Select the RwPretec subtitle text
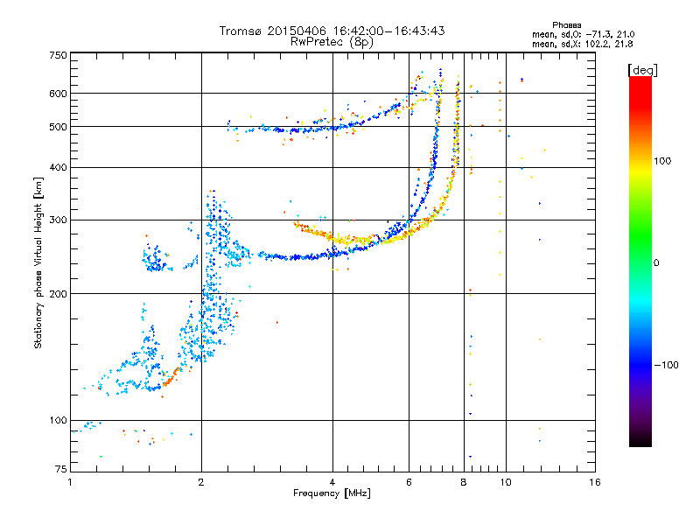pyautogui.click(x=332, y=42)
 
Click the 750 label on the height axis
pyautogui.click(x=58, y=55)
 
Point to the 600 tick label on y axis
pyautogui.click(x=58, y=94)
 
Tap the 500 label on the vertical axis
pyautogui.click(x=58, y=127)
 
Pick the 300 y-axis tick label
pyautogui.click(x=58, y=220)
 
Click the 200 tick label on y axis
pyautogui.click(x=58, y=294)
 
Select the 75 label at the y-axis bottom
pyautogui.click(x=61, y=469)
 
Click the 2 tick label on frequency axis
pyautogui.click(x=201, y=482)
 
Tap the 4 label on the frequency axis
pyautogui.click(x=332, y=482)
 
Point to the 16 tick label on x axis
pyautogui.click(x=595, y=482)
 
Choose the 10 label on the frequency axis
pyautogui.click(x=506, y=482)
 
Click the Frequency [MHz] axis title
pyautogui.click(x=332, y=493)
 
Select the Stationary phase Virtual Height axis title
pyautogui.click(x=38, y=262)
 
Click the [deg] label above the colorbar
pyautogui.click(x=642, y=71)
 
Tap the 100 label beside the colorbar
pyautogui.click(x=662, y=161)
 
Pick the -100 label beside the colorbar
pyautogui.click(x=666, y=365)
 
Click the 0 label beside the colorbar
pyautogui.click(x=656, y=263)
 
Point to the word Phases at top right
pyautogui.click(x=566, y=25)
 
